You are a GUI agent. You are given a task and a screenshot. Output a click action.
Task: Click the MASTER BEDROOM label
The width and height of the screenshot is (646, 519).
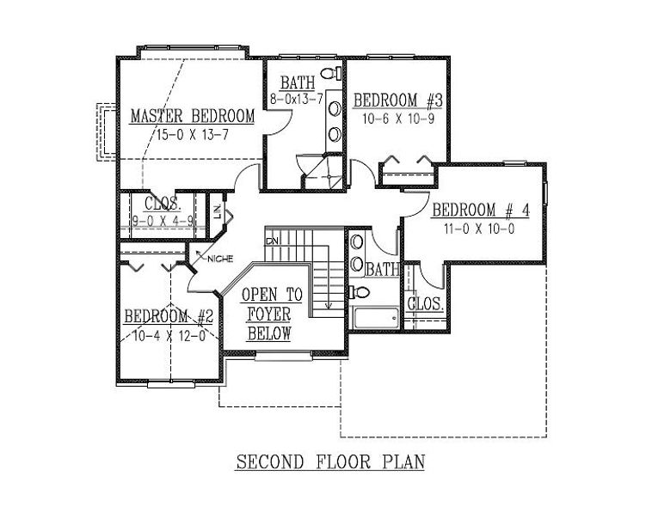(193, 116)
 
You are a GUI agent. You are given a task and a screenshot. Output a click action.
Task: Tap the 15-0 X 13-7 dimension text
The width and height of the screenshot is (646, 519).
(192, 135)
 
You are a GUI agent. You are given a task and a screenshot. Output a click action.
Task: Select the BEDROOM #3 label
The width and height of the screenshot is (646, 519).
(397, 101)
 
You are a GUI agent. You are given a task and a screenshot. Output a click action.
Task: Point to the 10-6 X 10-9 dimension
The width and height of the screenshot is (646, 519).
(398, 119)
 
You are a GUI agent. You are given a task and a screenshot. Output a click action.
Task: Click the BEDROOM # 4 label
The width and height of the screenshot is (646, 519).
(480, 210)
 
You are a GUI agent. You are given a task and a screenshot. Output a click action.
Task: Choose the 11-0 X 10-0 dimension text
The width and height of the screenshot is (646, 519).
(479, 229)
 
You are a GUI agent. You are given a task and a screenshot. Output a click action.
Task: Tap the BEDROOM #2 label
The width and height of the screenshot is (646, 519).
(169, 316)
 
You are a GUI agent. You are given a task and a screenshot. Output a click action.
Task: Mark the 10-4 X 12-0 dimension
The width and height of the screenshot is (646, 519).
(169, 336)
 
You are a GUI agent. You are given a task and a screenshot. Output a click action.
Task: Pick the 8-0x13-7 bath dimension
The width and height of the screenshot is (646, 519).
(297, 99)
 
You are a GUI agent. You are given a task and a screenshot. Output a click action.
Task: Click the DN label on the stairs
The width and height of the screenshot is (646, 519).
(272, 241)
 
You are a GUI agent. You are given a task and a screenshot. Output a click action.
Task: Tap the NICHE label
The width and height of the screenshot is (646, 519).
(220, 259)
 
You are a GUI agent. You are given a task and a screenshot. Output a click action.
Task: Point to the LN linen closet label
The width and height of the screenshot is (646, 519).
(218, 211)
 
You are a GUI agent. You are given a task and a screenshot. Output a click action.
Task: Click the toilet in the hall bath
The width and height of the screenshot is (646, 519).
(360, 293)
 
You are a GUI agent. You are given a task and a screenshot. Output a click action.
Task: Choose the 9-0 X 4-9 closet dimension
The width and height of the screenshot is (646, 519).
(163, 222)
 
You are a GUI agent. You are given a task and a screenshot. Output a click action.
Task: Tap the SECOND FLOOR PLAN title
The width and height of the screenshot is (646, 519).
(330, 461)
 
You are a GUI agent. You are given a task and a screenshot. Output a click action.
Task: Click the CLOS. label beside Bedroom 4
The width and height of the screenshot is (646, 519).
(426, 304)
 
